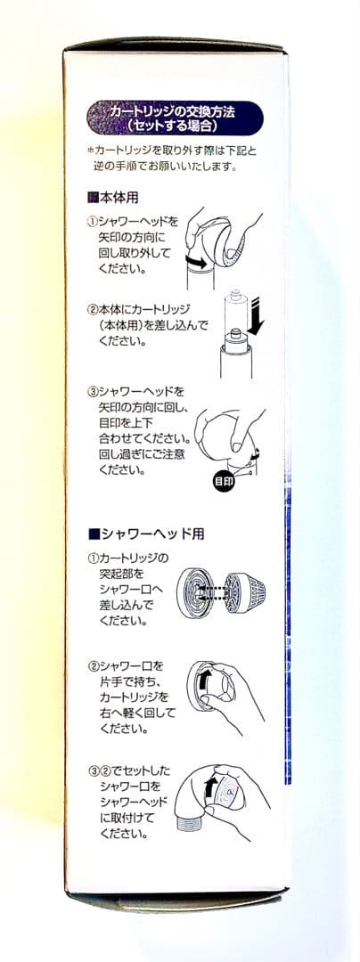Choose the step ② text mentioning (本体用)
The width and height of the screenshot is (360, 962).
138,326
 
